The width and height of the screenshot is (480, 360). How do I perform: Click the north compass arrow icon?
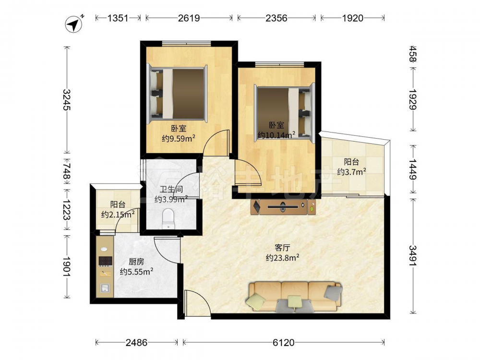[x=73, y=24]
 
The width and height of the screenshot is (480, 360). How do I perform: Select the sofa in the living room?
[x=294, y=297]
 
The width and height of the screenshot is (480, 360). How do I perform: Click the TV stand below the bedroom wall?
[x=283, y=207]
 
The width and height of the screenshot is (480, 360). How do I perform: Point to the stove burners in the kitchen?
[x=105, y=261]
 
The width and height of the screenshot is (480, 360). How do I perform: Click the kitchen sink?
[x=105, y=288]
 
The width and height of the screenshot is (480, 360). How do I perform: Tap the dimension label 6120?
[x=284, y=342]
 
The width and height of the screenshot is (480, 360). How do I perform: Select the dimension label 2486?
[x=136, y=342]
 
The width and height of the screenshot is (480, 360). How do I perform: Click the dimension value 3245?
[x=67, y=99]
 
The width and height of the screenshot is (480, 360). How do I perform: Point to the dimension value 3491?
[x=414, y=256]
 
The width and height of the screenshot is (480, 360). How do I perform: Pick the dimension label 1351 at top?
[x=118, y=18]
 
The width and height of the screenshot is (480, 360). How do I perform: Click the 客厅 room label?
[x=282, y=247]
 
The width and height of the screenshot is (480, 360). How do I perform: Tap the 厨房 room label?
[x=136, y=262]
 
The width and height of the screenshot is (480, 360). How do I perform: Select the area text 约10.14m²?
[x=276, y=135]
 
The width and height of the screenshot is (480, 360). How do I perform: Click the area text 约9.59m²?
[x=179, y=138]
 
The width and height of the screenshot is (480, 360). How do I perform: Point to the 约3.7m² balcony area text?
[x=352, y=171]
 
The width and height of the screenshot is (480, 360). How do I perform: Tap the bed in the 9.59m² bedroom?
[x=177, y=94]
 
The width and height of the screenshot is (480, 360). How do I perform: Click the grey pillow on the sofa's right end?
[x=333, y=293]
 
